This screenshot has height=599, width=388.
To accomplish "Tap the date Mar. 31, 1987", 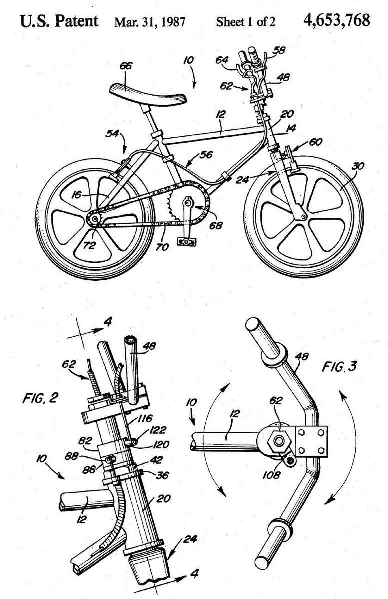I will (x=149, y=22).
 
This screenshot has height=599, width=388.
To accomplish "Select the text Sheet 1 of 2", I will (x=246, y=22).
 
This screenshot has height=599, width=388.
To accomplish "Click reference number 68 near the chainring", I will (x=216, y=226).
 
